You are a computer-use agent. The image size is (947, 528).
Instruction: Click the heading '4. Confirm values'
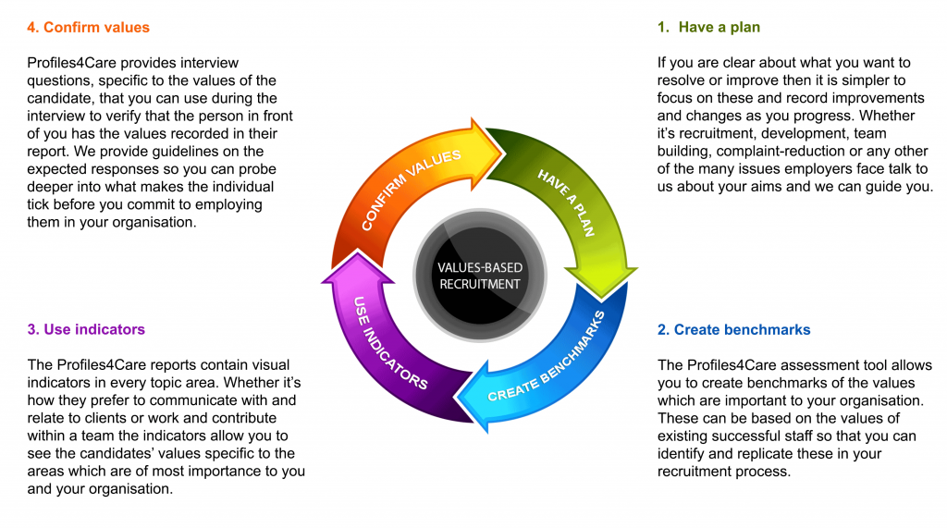pos(88,28)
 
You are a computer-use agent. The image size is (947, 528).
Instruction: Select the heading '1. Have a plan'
pos(708,28)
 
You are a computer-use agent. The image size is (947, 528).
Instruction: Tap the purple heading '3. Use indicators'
pos(86,329)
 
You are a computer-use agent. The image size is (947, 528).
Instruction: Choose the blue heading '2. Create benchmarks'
pos(733,330)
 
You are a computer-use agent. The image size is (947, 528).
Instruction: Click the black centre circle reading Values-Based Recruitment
pos(480,276)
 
